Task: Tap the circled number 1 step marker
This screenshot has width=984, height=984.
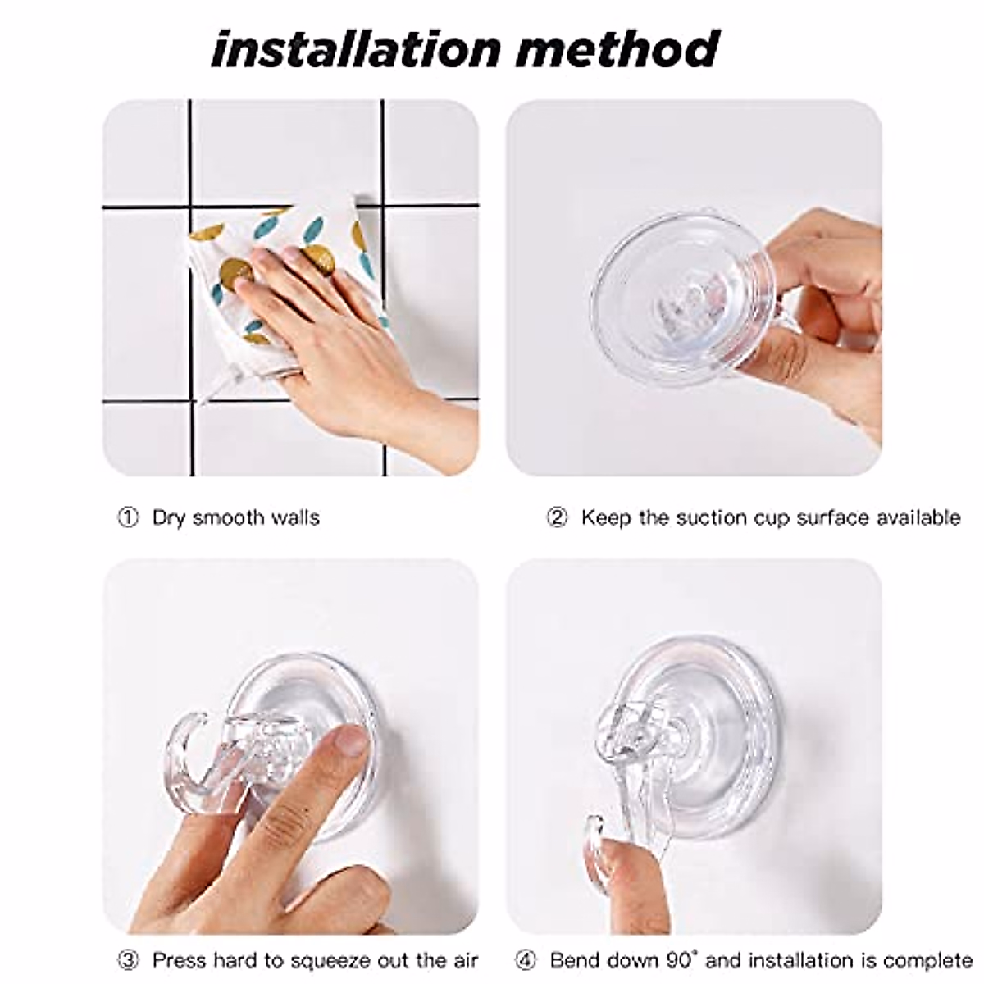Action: point(128,518)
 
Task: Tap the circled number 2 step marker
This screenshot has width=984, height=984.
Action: point(557,518)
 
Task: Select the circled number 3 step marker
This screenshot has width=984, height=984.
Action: point(128,960)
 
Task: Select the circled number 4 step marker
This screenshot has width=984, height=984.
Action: point(526,960)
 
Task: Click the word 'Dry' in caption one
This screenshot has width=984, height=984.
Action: point(169,518)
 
